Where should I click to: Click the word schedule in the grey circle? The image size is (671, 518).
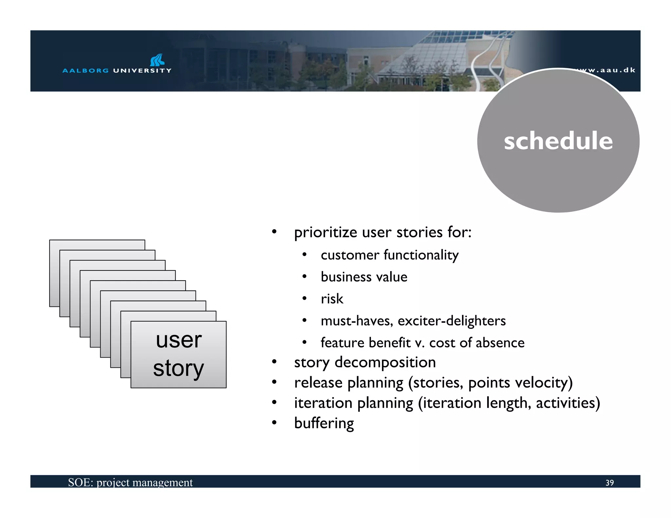(x=558, y=141)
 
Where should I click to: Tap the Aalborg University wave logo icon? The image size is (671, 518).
(x=157, y=60)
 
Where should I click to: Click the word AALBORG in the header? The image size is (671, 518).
(x=86, y=70)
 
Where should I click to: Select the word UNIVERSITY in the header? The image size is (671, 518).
(x=142, y=70)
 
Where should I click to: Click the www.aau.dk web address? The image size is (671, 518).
(x=606, y=70)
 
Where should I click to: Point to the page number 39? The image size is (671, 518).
(x=609, y=483)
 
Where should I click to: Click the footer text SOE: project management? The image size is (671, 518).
(x=130, y=482)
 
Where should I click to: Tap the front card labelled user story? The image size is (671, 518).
(x=179, y=354)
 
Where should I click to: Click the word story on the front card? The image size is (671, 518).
(x=179, y=368)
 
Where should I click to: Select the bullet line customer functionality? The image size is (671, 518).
(x=389, y=255)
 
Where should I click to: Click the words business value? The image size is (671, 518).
(x=364, y=277)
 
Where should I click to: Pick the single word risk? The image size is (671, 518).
(x=332, y=299)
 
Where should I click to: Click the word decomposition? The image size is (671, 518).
(x=385, y=362)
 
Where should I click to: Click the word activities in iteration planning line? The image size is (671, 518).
(x=567, y=403)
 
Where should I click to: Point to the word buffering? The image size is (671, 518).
(x=324, y=423)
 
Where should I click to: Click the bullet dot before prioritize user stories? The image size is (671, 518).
(x=274, y=232)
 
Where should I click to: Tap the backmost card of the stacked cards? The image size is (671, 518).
(x=97, y=245)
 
